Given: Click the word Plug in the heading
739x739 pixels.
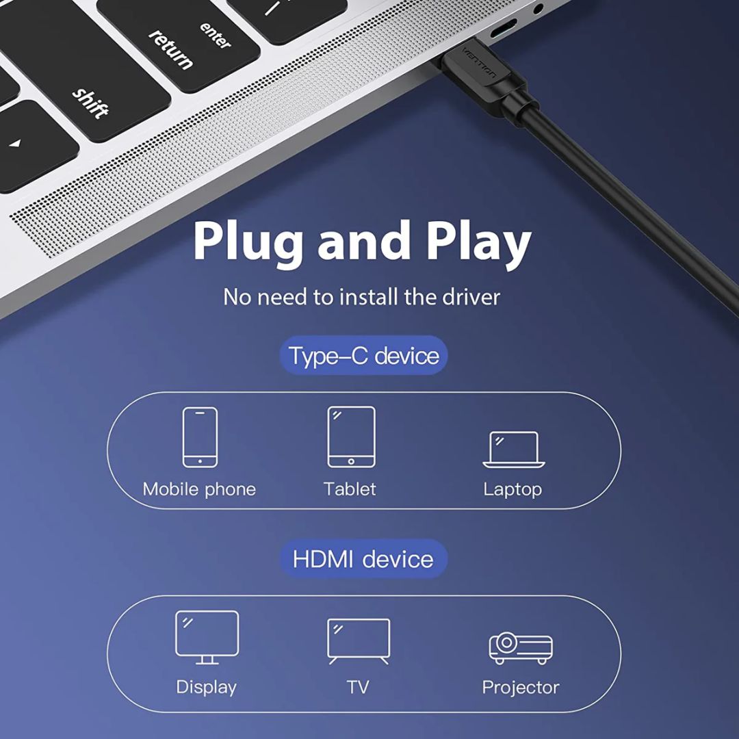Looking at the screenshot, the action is tap(248, 243).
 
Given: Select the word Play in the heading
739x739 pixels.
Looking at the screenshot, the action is tap(479, 243).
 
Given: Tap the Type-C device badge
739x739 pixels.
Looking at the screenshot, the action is tap(363, 355).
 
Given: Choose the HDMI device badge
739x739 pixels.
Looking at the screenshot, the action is tap(363, 559).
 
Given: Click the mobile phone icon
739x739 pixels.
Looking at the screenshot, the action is tap(200, 437).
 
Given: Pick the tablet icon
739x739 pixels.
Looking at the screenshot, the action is tap(352, 437).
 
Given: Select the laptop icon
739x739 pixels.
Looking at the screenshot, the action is tap(514, 450).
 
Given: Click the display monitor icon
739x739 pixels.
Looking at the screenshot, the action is tap(207, 637).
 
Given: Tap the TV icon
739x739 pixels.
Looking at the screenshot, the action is tap(359, 641).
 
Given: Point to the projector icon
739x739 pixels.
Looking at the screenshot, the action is tap(521, 648).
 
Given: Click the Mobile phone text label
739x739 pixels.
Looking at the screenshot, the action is tap(199, 489).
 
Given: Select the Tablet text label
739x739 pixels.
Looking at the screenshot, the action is tap(350, 489).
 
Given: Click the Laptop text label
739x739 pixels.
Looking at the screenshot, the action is tap(513, 490).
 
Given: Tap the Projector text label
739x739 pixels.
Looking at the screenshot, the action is tap(521, 688).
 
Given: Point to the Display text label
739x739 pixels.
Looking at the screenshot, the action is tap(207, 688).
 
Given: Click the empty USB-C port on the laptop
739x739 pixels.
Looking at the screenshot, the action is tap(503, 29).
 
